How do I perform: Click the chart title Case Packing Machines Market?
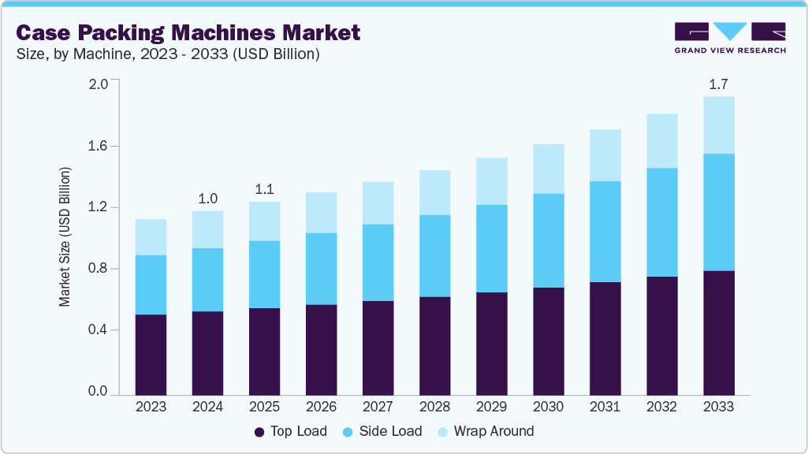coord(188,32)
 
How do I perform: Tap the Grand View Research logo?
coord(729,38)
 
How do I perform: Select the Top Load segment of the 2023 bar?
coord(151,355)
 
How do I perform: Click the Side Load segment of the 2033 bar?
coord(718,212)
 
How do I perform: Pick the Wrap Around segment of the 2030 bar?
coord(548,169)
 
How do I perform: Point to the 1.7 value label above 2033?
coord(718,84)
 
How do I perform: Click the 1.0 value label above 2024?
coord(207,198)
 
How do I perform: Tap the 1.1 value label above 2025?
coord(264,189)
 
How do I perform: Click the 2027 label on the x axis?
coord(378,407)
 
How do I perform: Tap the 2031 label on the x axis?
coord(605,407)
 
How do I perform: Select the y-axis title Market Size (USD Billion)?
coord(65,236)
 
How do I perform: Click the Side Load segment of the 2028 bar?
coord(434,255)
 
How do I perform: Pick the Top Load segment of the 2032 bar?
coord(661,335)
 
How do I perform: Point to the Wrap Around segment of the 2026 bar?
coord(321,212)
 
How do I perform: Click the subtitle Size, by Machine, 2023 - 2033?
coord(168,54)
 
